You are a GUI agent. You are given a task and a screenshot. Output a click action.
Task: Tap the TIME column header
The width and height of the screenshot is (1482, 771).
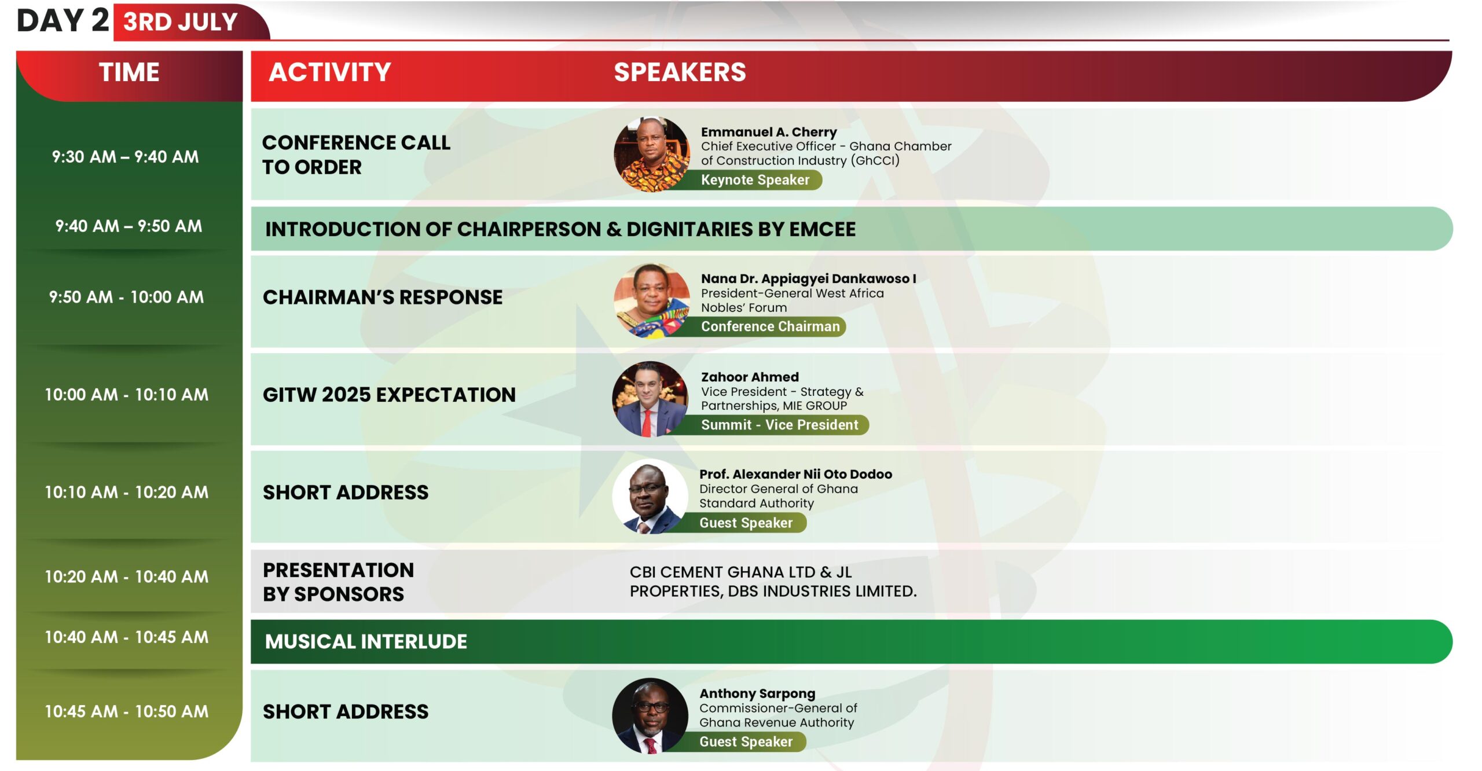(x=129, y=72)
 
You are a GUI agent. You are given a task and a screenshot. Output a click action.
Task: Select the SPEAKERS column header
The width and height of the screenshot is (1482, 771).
(x=680, y=72)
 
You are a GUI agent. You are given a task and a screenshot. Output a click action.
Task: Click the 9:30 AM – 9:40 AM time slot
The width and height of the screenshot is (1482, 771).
(x=125, y=157)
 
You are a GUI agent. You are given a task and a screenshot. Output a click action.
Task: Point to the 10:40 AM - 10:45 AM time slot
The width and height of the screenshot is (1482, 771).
(x=126, y=637)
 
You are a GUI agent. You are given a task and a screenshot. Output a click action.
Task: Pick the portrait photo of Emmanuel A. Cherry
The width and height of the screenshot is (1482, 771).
(x=652, y=154)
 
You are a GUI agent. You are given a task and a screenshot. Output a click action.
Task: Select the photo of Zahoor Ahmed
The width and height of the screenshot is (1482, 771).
(x=651, y=399)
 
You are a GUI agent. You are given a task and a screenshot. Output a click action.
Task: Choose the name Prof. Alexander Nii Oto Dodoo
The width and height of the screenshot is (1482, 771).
(x=795, y=474)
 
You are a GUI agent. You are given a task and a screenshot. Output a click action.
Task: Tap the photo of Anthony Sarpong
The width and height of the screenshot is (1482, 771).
(x=651, y=716)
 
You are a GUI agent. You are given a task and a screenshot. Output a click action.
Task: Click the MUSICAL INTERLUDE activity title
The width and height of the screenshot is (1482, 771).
(x=366, y=642)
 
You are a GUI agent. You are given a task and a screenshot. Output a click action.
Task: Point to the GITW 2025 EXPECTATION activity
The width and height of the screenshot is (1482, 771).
(x=389, y=395)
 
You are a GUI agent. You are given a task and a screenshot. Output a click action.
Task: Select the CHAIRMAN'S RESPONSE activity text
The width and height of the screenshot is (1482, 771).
(x=383, y=298)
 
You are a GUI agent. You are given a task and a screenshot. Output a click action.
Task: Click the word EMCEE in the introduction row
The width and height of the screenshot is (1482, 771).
(x=822, y=230)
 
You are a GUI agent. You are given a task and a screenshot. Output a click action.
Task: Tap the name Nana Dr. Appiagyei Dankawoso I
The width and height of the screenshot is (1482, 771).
(x=808, y=278)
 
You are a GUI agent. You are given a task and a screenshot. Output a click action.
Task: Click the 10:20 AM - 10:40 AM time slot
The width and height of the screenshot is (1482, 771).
(x=126, y=577)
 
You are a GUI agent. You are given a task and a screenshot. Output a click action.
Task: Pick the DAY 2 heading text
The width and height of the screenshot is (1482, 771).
(x=63, y=21)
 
